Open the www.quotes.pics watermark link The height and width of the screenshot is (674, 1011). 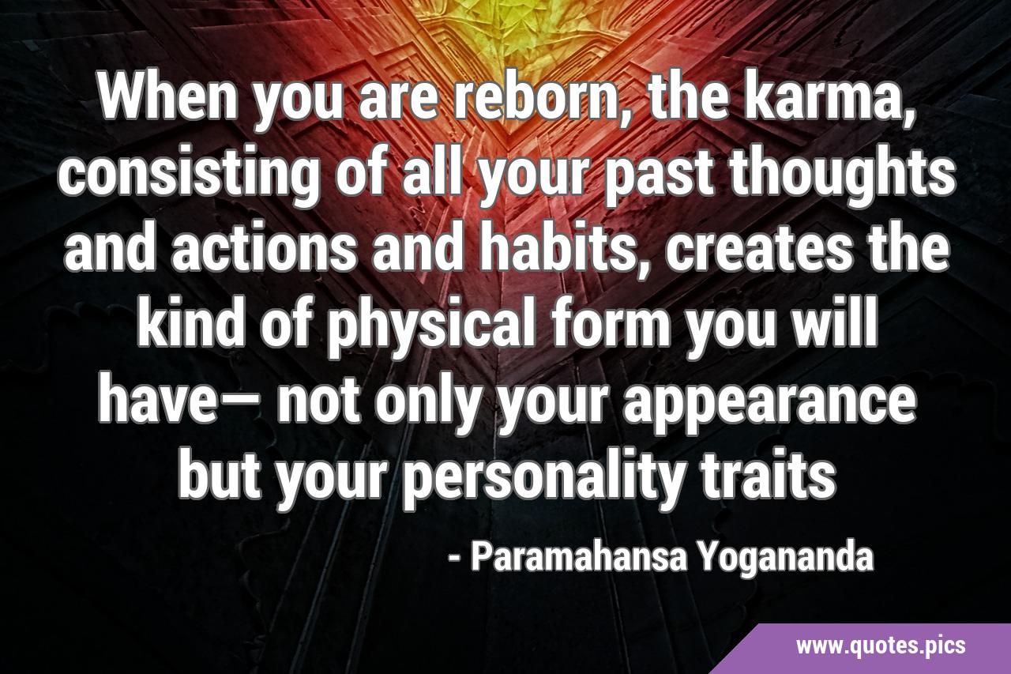(881, 646)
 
